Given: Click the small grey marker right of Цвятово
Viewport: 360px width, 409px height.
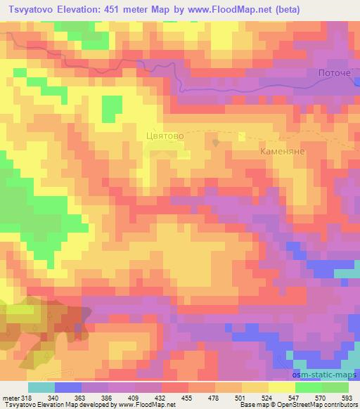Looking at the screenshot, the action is [217, 141].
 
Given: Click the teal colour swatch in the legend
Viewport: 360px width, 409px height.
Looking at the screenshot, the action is [41, 387].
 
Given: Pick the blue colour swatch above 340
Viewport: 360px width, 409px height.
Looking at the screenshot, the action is [68, 387].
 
